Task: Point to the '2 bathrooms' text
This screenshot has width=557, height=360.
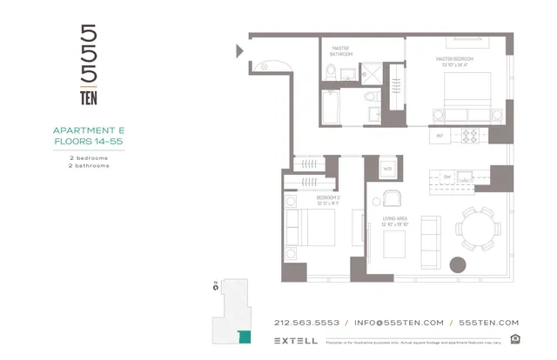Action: point(90,165)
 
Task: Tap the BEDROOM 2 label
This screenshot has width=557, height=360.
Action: point(328,198)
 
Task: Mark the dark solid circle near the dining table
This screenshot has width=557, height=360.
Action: point(456,265)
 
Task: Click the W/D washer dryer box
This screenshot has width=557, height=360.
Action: point(387,167)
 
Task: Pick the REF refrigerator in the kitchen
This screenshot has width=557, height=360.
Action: point(441,136)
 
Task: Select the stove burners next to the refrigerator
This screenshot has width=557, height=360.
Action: point(470,136)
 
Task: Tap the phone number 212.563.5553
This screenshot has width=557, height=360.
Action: point(306,322)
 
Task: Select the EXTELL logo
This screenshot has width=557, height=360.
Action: point(295,340)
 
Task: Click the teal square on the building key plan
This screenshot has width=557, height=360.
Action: point(244,336)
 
